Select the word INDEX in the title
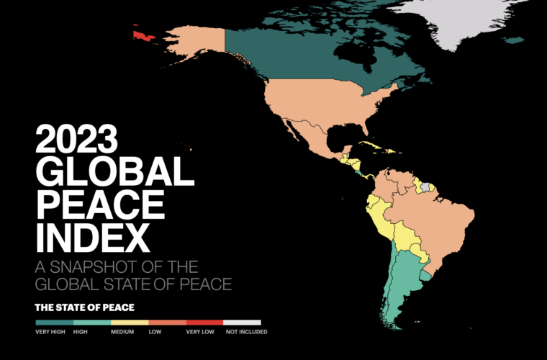coord(94,235)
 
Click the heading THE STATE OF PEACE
coord(83,307)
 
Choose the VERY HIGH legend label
coord(50,332)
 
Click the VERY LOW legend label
coord(201,332)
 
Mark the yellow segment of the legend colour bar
coord(130,321)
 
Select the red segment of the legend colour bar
coord(204,321)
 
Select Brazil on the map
coord(439,216)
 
